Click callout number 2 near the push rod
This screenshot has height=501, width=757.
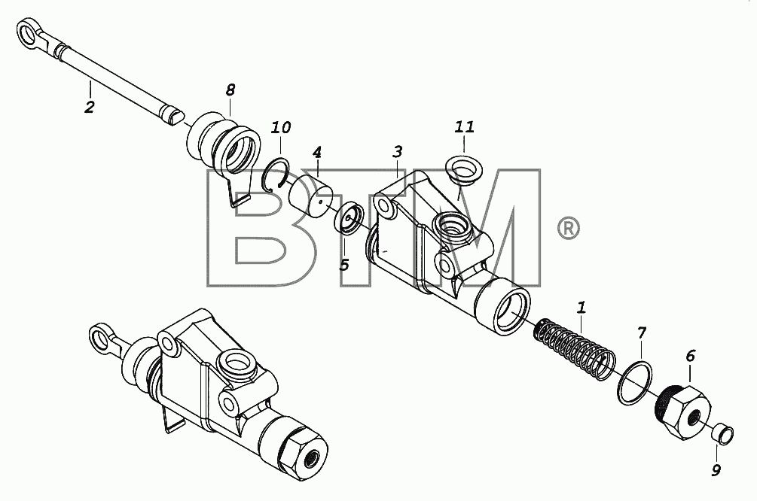pos(90,107)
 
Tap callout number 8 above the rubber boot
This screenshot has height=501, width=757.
pos(230,90)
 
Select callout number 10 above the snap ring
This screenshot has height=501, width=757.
pos(280,128)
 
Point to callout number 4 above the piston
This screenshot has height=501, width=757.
pos(316,153)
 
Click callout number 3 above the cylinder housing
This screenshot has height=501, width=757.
pos(397,152)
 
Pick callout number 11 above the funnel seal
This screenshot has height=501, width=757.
pos(465,127)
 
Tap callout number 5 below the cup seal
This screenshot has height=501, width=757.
pos(344,265)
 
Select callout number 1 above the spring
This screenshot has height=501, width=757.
pos(581,307)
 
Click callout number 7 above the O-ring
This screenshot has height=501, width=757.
pos(641,332)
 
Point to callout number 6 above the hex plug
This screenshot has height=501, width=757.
pos(691,357)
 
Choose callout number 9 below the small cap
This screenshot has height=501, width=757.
pos(716,469)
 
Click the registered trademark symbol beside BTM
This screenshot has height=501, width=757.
pos(568,228)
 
